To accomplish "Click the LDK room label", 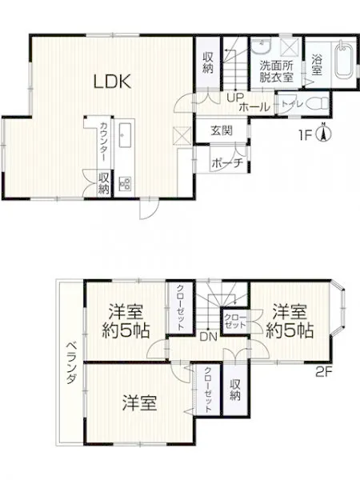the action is point(112,82).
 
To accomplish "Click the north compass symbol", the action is point(322,132).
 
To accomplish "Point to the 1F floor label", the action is point(305,134).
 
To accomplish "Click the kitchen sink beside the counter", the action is point(125,135).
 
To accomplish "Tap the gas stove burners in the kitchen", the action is point(125,182).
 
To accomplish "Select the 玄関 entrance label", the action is point(222,130).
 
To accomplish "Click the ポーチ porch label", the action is point(227,162).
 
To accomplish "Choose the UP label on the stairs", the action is point(235,98).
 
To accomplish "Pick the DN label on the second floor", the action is point(208,338).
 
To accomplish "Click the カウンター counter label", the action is point(103,142).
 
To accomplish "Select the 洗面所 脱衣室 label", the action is point(277,71).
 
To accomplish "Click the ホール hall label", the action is point(254,107).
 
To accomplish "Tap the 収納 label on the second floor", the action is point(234,390).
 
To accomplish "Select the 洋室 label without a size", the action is point(139,403).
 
